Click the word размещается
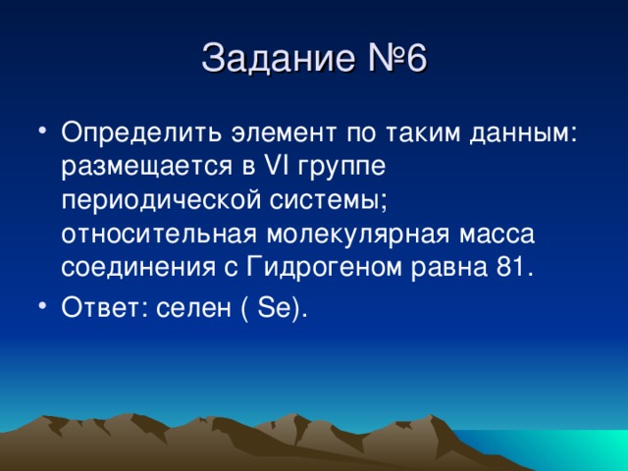click(x=142, y=165)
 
